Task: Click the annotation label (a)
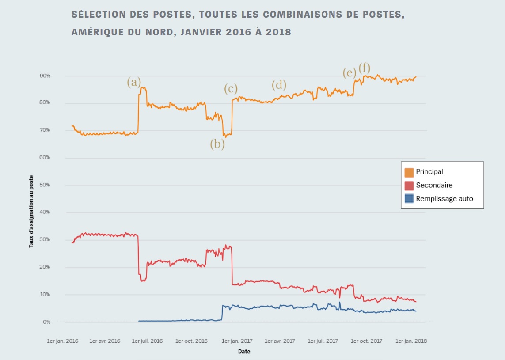[x=134, y=82]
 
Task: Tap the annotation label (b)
[x=217, y=144]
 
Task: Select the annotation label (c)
[x=230, y=89]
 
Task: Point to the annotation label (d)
[x=279, y=84]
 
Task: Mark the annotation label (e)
[x=349, y=73]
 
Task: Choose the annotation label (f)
[x=364, y=68]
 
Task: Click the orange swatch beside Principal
[x=409, y=172]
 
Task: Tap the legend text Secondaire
[x=434, y=185]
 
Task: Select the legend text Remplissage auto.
[x=445, y=199]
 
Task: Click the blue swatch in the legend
[x=409, y=199]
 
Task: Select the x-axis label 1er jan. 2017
[x=237, y=341]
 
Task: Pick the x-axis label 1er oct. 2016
[x=191, y=341]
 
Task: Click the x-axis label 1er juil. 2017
[x=323, y=341]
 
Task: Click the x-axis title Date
[x=244, y=352]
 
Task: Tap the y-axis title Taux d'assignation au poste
[x=31, y=215]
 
